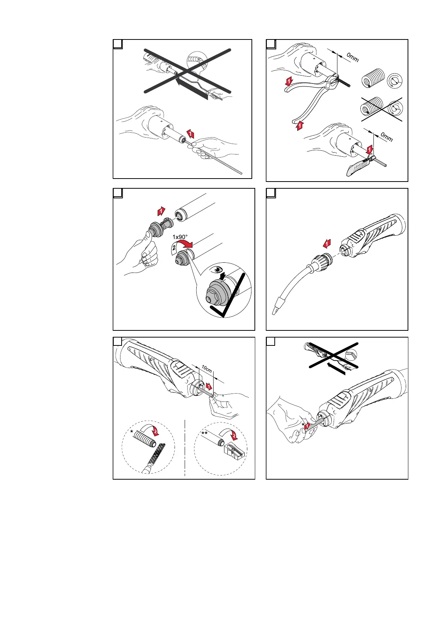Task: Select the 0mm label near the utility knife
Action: coord(387,136)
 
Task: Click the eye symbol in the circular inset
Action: coord(217,270)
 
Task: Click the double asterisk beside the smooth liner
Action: coord(205,433)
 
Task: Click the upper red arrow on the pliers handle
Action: coord(289,80)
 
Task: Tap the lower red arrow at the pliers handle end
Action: coord(300,126)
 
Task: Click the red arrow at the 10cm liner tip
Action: coord(209,386)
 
